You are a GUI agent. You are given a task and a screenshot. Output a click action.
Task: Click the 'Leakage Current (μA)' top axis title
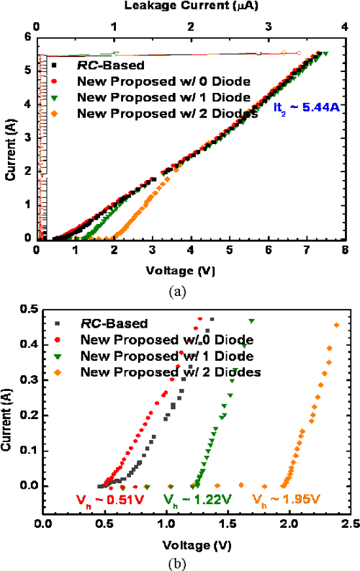(191, 6)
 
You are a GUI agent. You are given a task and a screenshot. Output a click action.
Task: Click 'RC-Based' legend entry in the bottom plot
(108, 324)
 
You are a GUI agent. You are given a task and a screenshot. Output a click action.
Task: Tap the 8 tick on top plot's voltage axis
(345, 250)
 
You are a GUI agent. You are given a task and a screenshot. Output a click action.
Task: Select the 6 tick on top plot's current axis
(28, 37)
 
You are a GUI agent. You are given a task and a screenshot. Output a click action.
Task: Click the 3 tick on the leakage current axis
(268, 27)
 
